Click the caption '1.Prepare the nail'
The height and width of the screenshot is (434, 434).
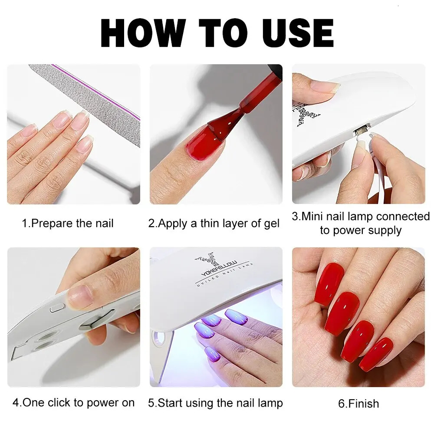click(68, 224)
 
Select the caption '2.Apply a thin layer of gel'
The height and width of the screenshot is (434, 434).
click(214, 224)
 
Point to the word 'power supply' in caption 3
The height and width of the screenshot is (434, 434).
click(361, 230)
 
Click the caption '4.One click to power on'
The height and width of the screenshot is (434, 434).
click(73, 403)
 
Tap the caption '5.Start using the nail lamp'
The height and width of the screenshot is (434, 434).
click(215, 403)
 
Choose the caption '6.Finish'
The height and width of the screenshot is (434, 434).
click(358, 404)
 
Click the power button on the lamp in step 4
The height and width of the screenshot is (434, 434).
click(56, 309)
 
